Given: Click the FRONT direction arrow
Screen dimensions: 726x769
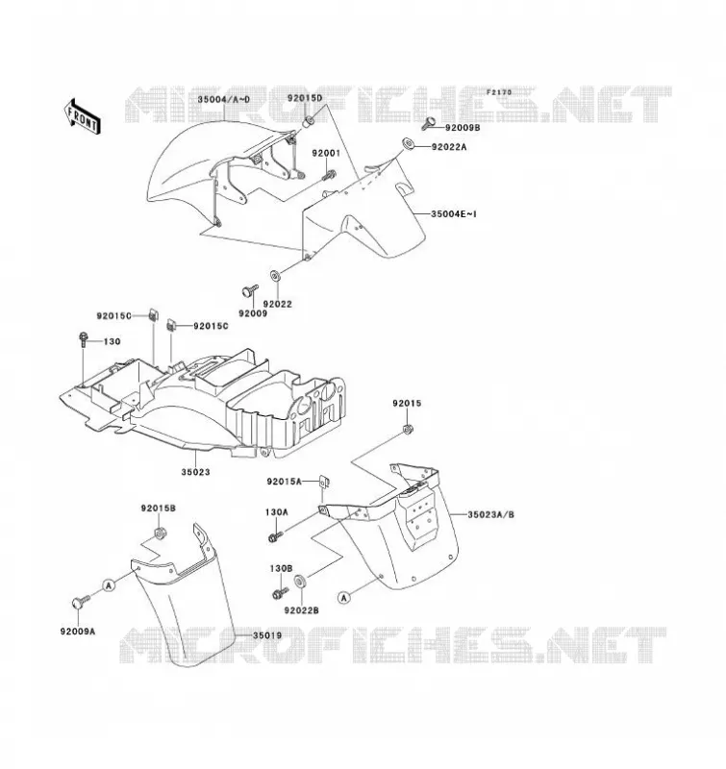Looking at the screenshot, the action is tap(83, 116).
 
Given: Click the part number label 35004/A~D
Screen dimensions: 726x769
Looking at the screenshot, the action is tap(224, 100).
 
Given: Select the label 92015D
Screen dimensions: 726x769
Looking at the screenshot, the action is tap(305, 98).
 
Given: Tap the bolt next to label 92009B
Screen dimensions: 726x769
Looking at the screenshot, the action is tap(428, 123).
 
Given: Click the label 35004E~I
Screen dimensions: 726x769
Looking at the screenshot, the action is tap(454, 214).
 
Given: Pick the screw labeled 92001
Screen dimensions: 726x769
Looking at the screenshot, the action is tap(329, 174).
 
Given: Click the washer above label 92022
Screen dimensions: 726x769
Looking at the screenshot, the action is tap(275, 276).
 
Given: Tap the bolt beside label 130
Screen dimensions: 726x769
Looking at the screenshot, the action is tap(83, 339).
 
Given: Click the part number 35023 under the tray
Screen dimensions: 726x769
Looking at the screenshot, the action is tap(196, 472).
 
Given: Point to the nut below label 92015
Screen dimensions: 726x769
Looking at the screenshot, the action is tap(407, 429).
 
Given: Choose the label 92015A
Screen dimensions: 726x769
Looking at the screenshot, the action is tap(285, 482).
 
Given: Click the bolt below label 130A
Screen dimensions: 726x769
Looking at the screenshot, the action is tap(275, 536).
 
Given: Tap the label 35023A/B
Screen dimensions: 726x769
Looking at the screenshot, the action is tap(491, 515).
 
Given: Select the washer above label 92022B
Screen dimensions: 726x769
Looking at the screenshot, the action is tap(300, 582).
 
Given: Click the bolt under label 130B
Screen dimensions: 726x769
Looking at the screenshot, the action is tap(280, 593).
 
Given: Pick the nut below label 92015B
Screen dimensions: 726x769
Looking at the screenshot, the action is tap(159, 533).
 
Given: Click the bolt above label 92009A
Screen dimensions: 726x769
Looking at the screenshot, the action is tap(81, 602).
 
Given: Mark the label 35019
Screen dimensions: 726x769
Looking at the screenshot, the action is tap(267, 635).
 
